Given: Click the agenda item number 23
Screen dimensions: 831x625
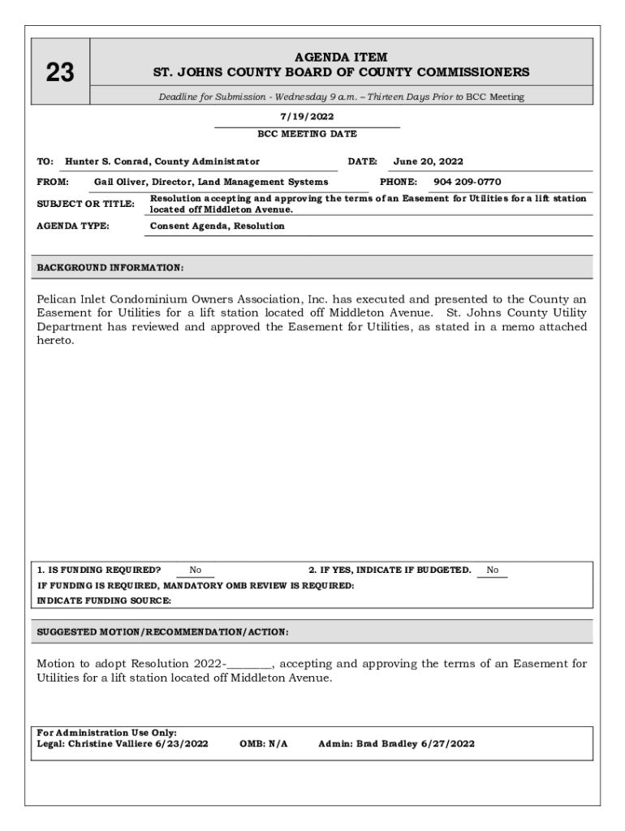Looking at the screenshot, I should pos(59,74).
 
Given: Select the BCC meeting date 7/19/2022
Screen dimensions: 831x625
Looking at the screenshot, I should pos(307,117).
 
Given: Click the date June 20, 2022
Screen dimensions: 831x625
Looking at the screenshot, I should pos(428,161).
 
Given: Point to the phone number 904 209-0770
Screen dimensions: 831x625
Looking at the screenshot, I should pos(467,182).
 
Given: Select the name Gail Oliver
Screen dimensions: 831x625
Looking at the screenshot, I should pos(114,182).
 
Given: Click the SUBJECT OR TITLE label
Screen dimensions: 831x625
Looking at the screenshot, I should pos(85,204).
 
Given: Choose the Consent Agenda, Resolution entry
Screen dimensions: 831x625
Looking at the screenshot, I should pos(217,226).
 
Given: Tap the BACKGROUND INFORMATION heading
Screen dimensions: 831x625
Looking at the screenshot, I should pos(110,267).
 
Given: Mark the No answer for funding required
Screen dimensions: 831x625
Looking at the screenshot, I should pos(196,570).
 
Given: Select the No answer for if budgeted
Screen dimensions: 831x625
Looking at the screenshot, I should pos(493,570).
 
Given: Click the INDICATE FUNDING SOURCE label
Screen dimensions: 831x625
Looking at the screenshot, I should pos(104,601).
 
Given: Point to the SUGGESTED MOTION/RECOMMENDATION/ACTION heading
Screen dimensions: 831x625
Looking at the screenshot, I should pos(162,631).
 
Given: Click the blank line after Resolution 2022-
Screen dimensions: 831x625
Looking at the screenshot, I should pos(249,664).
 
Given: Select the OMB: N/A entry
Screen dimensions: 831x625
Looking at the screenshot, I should pos(264,743).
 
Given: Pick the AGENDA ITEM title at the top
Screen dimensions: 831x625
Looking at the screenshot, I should pos(341,58).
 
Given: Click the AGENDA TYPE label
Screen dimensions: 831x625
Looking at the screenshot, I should pos(73,226).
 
